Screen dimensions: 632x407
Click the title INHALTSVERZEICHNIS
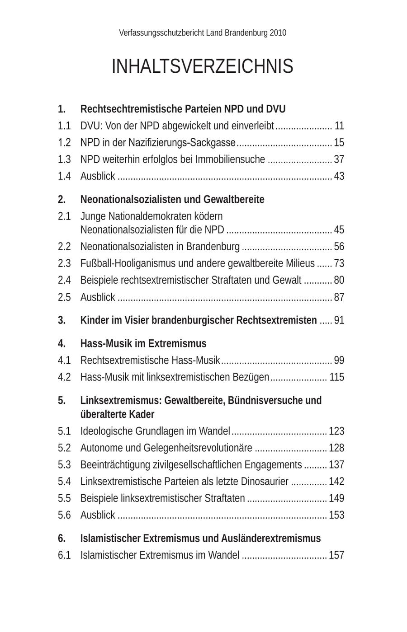point(202,66)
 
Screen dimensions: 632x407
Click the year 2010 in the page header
point(278,33)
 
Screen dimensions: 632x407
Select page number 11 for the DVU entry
point(339,126)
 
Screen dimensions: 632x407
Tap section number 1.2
point(64,143)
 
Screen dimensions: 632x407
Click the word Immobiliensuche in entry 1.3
point(230,159)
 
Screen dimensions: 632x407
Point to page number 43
point(339,176)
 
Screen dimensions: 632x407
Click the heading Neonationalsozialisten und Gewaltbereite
point(172,200)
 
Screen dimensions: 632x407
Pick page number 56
point(339,247)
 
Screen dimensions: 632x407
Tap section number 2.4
point(64,280)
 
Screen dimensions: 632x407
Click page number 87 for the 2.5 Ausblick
point(339,297)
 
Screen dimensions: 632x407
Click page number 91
point(339,320)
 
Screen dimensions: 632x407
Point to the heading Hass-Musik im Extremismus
point(143,344)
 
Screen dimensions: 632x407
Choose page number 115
point(337,377)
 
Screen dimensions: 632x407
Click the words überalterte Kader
point(117,415)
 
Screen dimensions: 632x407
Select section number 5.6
point(64,515)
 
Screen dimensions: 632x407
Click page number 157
point(336,555)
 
